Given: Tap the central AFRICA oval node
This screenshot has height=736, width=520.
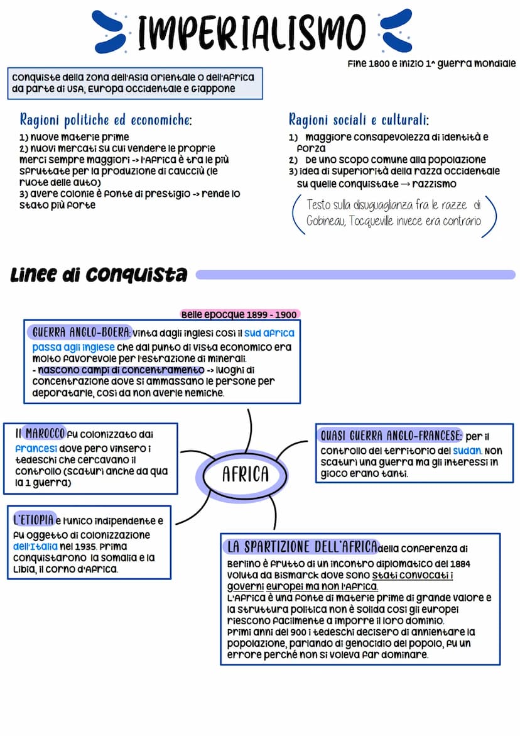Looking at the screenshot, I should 245,474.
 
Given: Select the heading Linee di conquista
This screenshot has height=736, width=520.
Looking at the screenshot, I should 99,275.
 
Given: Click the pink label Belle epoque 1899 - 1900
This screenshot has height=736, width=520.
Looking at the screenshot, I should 239,314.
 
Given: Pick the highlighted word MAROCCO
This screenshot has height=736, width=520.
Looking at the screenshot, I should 45,434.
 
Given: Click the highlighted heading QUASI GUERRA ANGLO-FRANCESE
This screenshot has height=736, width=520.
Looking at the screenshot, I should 391,436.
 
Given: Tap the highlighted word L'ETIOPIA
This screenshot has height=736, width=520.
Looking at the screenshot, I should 33,520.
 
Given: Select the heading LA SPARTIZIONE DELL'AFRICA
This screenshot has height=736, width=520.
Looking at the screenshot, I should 303,546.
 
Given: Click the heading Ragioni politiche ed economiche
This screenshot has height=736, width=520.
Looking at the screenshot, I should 106,119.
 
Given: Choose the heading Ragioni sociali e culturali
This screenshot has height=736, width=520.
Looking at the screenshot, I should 359,119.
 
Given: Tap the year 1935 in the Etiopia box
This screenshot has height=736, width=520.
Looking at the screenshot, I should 84,546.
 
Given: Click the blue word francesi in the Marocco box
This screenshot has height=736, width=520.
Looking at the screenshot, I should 36,449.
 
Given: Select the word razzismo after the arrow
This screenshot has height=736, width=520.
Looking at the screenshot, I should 434,184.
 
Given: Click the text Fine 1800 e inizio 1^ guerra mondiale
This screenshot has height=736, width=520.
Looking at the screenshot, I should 431,63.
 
